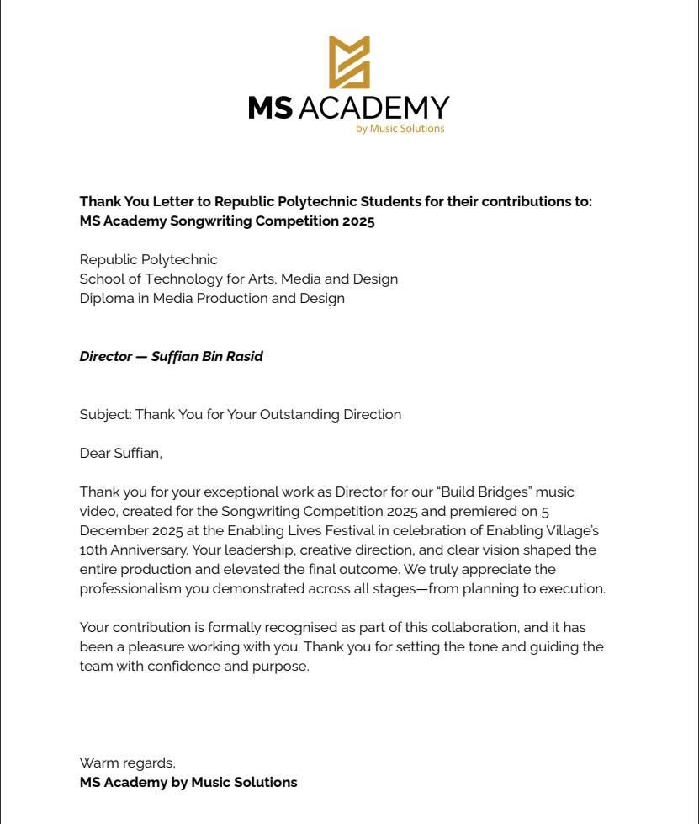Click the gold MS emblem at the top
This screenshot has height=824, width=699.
point(349,62)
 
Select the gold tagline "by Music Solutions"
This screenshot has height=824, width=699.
point(400,129)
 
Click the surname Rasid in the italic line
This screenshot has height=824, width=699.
point(243,356)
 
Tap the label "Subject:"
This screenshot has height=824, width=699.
point(105,414)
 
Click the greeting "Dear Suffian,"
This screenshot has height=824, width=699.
point(120,453)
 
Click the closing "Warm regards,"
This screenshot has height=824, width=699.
point(127,763)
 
